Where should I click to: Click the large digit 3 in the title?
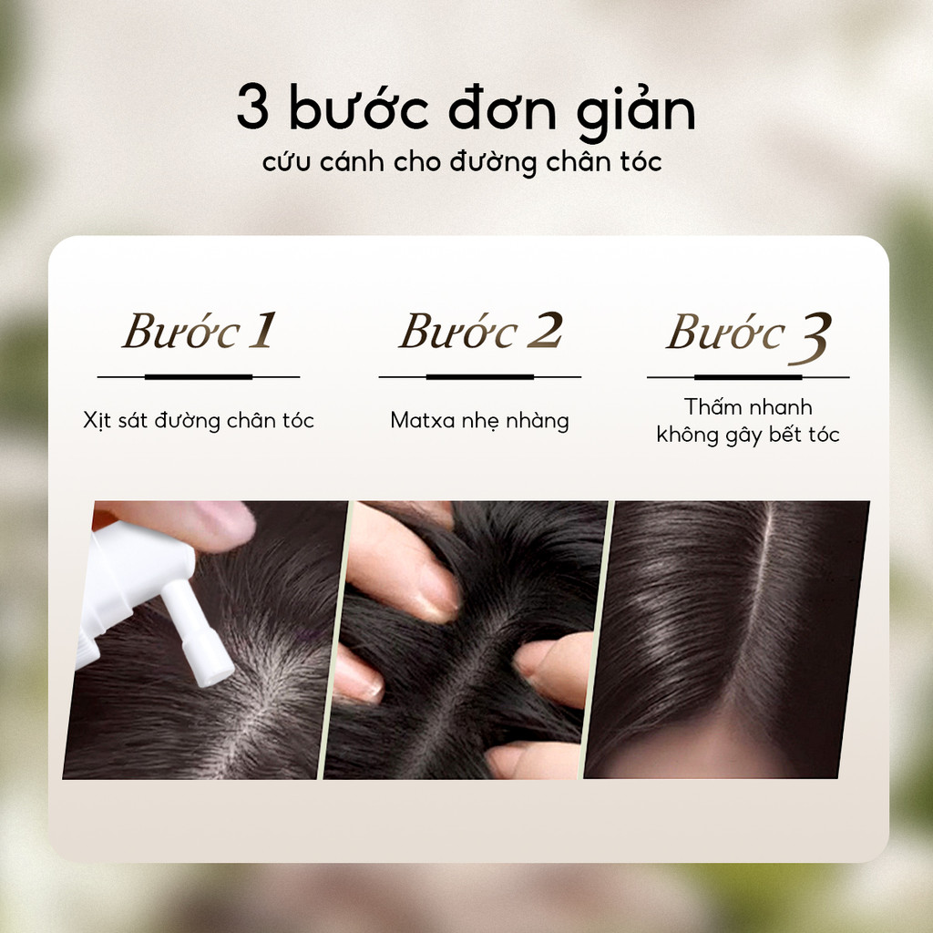pos(253,108)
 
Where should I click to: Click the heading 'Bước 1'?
pos(200,331)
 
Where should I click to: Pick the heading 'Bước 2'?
pos(481,331)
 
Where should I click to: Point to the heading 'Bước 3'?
pos(749,336)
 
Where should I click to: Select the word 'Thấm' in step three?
pos(713,407)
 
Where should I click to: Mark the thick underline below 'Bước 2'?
pos(479,376)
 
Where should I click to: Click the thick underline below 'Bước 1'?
pos(198,376)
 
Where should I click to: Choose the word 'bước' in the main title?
pos(359,108)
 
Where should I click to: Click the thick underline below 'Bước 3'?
pos(748,377)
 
